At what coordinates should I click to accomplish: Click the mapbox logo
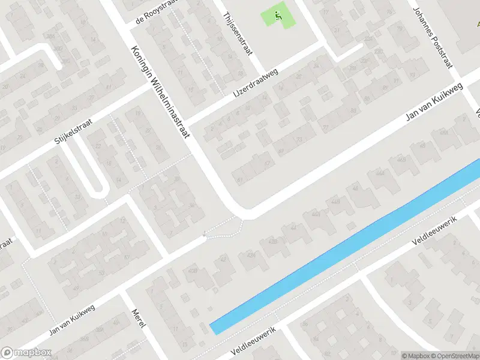click(x=25, y=352)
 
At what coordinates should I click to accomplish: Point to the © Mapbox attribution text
click(x=416, y=355)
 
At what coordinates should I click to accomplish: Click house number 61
click(x=240, y=179)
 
